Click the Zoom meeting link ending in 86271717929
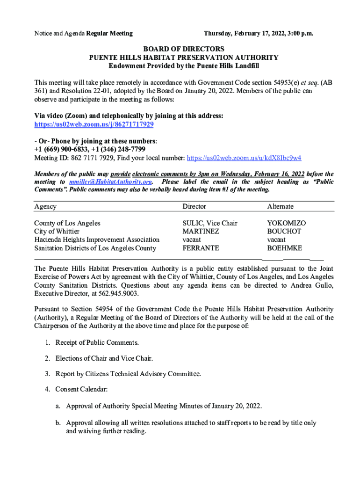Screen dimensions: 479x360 pyautogui.click(x=94, y=125)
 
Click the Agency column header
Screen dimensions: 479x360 pyautogui.click(x=45, y=206)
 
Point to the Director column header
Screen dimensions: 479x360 pyautogui.click(x=194, y=206)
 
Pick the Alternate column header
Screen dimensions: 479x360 pyautogui.click(x=281, y=206)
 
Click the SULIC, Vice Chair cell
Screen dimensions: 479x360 pyautogui.click(x=210, y=223)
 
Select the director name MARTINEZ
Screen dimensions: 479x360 pyautogui.click(x=202, y=232)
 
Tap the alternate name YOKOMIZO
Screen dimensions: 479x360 pyautogui.click(x=287, y=223)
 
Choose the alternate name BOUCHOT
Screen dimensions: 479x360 pyautogui.click(x=284, y=232)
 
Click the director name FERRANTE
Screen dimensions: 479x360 pyautogui.click(x=201, y=248)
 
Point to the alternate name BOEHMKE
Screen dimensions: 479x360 pyautogui.click(x=285, y=248)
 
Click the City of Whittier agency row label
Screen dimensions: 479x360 pyautogui.click(x=57, y=232)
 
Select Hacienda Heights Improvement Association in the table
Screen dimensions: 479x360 pyautogui.click(x=97, y=240)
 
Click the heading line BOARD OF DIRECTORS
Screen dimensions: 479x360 pyautogui.click(x=184, y=49)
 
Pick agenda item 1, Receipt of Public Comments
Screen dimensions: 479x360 pyautogui.click(x=97, y=343)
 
